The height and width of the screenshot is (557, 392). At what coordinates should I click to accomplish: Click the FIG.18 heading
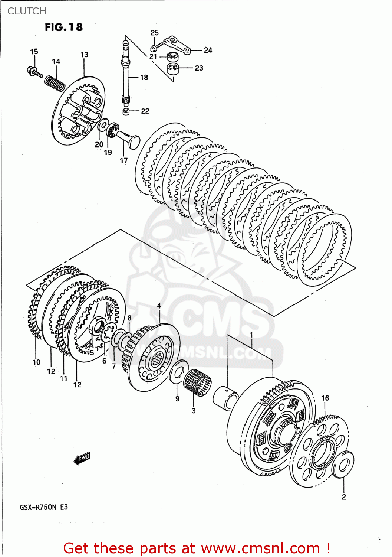64,27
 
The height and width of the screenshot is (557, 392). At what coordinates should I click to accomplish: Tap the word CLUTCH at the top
27,11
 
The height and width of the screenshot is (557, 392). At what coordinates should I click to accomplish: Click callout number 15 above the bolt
34,52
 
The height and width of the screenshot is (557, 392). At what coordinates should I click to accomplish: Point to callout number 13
84,55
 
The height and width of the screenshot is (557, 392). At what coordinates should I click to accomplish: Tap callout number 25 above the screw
154,33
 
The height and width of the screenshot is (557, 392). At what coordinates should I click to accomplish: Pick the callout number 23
199,68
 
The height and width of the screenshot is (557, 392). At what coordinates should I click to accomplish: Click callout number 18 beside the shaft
144,77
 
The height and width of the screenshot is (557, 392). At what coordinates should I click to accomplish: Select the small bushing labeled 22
126,111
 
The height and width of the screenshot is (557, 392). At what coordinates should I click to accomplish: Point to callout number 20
99,144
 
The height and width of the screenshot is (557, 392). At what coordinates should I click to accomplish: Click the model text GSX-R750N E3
44,507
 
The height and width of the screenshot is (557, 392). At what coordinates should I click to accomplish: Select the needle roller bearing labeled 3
197,383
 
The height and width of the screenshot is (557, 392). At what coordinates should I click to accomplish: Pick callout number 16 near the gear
325,398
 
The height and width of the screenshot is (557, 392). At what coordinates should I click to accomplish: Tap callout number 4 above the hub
159,306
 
